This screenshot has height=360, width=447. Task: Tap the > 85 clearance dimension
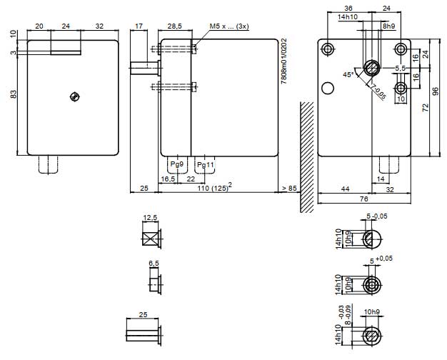point(289,187)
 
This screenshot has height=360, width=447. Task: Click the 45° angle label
point(348,74)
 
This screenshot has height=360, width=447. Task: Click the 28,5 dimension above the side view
point(174,26)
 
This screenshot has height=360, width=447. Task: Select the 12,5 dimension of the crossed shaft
point(149,217)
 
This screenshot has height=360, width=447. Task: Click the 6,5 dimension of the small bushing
point(152,264)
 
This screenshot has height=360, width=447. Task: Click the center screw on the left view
point(73,97)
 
